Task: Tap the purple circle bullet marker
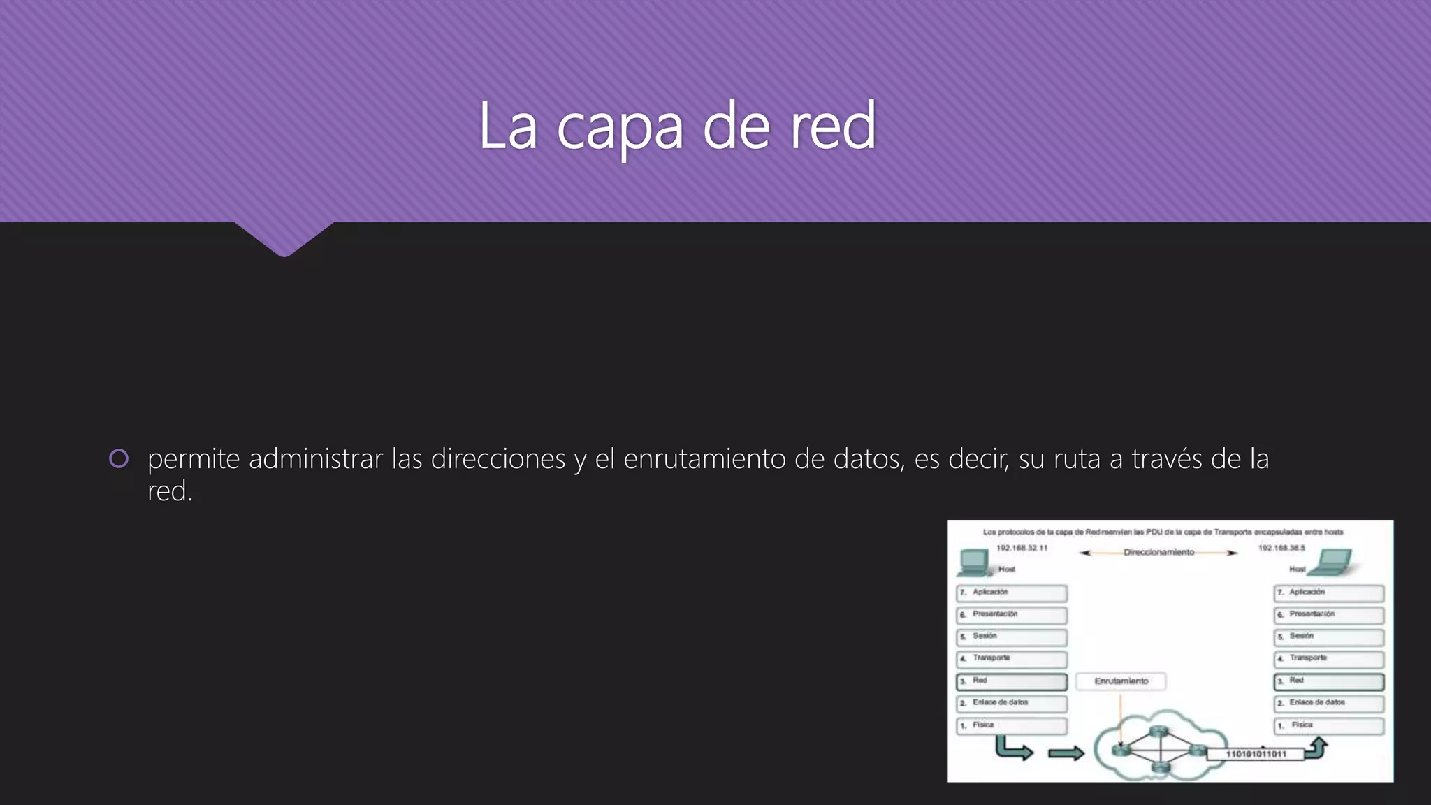119,458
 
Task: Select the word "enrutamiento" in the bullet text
705,459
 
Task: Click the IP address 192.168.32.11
1022,549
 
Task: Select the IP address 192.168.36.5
1281,549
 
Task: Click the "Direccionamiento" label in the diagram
1158,553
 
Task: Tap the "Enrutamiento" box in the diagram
1121,681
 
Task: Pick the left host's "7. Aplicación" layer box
1011,593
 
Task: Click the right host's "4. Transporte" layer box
1328,659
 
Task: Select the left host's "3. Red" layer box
1011,681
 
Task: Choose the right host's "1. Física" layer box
1328,726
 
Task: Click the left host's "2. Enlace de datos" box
1011,704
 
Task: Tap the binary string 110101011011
1256,755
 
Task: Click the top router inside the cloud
1160,731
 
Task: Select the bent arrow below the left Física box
1012,750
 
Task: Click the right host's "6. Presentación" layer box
1328,615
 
